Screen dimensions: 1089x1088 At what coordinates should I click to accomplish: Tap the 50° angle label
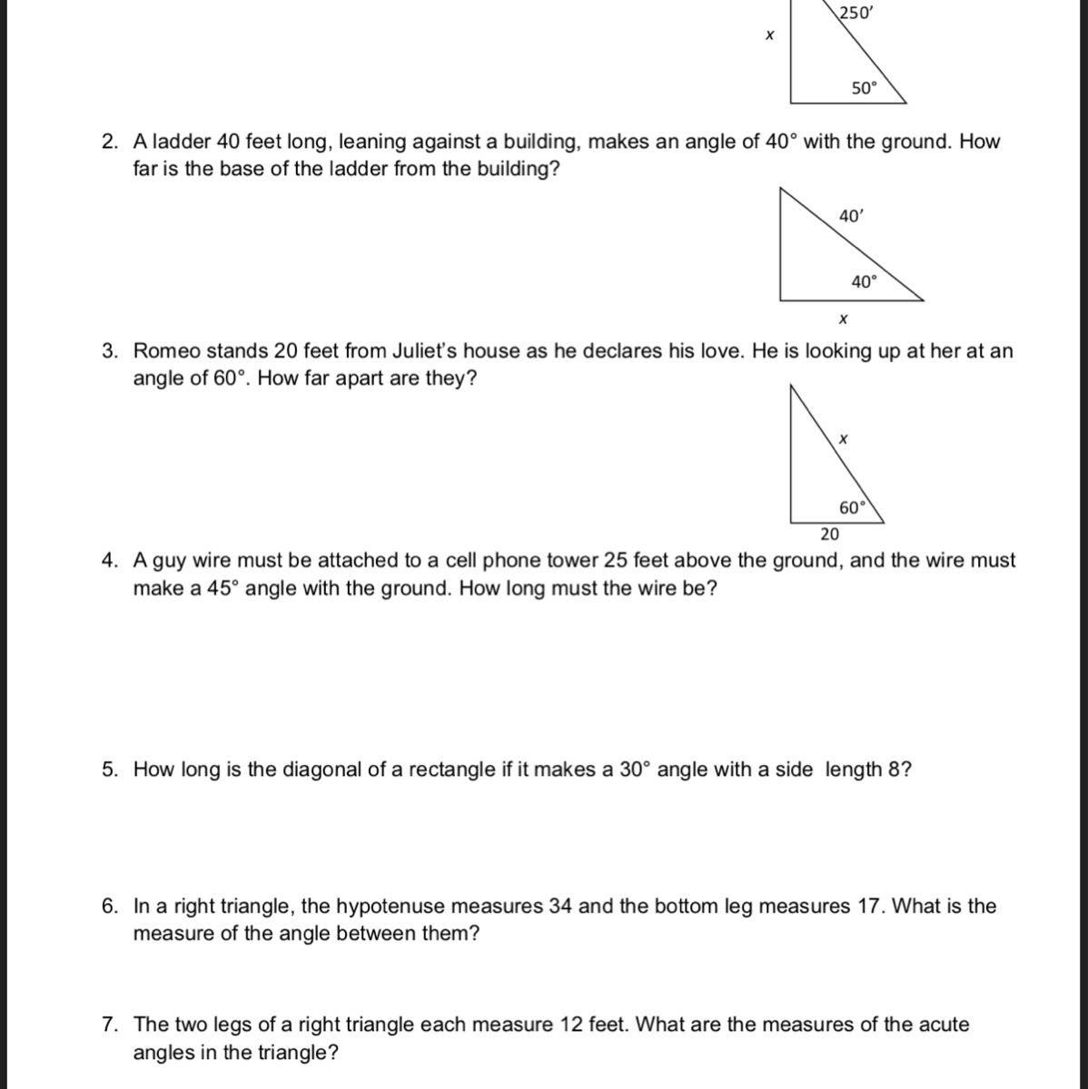point(865,88)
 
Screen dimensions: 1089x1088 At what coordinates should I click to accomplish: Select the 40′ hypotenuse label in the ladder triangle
point(852,217)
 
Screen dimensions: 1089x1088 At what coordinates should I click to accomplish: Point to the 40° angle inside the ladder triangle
point(865,281)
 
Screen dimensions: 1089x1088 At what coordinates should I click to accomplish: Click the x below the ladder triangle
point(843,319)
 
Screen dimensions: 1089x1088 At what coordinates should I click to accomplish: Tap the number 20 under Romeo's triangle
point(830,533)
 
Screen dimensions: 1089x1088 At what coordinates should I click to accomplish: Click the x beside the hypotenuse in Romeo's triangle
point(843,439)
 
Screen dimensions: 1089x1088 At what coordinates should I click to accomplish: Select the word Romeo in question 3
point(164,351)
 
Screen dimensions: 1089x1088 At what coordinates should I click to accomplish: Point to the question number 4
point(110,561)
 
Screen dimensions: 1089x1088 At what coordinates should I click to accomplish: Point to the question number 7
point(110,1025)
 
